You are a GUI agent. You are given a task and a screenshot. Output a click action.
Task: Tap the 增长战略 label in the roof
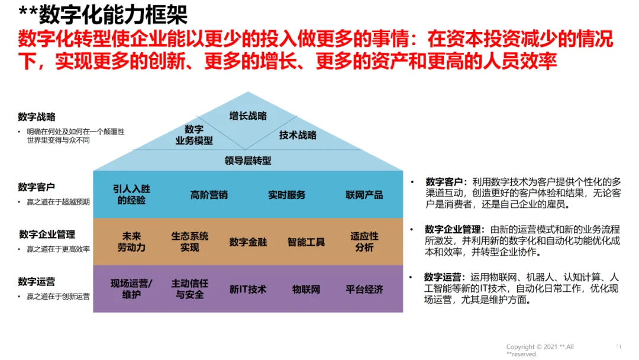click(248, 116)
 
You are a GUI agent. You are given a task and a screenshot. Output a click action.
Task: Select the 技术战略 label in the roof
click(298, 135)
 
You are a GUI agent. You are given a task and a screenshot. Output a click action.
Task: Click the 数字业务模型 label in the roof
click(194, 135)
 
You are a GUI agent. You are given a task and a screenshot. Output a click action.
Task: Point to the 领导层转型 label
click(248, 160)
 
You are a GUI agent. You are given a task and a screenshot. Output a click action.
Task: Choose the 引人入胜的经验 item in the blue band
click(131, 195)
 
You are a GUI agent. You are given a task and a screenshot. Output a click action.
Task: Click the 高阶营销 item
click(209, 195)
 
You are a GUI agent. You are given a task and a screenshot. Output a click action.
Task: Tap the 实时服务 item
click(286, 195)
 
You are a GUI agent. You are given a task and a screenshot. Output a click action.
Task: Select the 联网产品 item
click(364, 195)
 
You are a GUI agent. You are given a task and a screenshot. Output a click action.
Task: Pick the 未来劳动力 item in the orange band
click(131, 242)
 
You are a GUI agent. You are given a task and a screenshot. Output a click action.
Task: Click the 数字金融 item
click(248, 242)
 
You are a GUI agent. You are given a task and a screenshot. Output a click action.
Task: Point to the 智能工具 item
click(306, 242)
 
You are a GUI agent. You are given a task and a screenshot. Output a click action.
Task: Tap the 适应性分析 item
click(364, 242)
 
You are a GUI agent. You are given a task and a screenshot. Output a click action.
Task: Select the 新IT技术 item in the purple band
click(248, 290)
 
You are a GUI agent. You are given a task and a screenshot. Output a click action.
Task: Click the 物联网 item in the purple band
click(306, 290)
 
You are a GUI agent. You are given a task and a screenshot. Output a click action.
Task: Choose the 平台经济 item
click(364, 290)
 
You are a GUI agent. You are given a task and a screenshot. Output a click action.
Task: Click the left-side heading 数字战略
click(37, 117)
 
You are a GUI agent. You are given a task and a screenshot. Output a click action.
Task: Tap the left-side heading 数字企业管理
click(47, 234)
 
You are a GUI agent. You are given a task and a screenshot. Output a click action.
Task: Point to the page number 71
click(618, 346)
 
